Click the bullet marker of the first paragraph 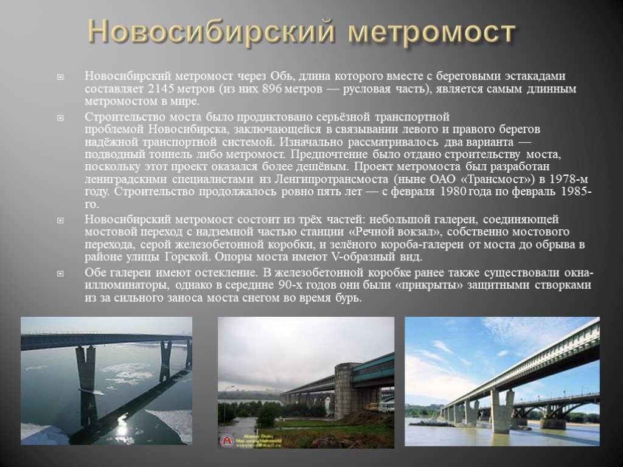(60, 77)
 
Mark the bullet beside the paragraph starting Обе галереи (60, 274)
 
